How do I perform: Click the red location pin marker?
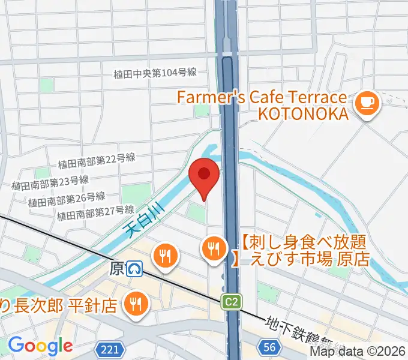tap(204, 175)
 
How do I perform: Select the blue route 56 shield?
tap(270, 346)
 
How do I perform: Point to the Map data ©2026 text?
tap(358, 352)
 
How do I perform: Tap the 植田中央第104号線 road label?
tap(155, 74)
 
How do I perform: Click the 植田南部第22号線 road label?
tap(97, 160)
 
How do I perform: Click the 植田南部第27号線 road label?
tap(95, 212)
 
